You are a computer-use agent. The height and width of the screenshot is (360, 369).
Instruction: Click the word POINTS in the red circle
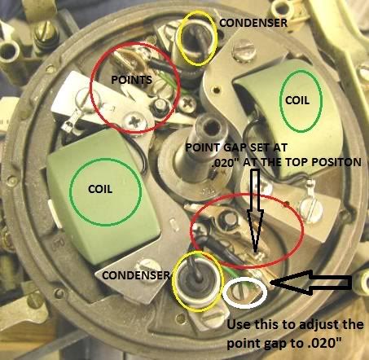[132, 80]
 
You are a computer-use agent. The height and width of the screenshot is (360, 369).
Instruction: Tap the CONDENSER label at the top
[253, 23]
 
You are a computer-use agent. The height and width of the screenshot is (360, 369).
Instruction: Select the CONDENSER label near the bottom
[136, 275]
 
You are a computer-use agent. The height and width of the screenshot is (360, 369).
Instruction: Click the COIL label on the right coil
[297, 100]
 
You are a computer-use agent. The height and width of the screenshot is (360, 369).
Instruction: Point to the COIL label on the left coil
[100, 189]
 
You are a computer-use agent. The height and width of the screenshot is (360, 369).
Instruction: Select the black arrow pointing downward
[256, 210]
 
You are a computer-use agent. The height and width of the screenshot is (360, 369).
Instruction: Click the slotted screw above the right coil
[244, 50]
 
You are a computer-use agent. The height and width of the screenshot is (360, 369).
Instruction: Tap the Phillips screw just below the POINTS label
[135, 121]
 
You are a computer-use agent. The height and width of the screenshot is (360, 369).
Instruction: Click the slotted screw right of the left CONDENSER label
[147, 267]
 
